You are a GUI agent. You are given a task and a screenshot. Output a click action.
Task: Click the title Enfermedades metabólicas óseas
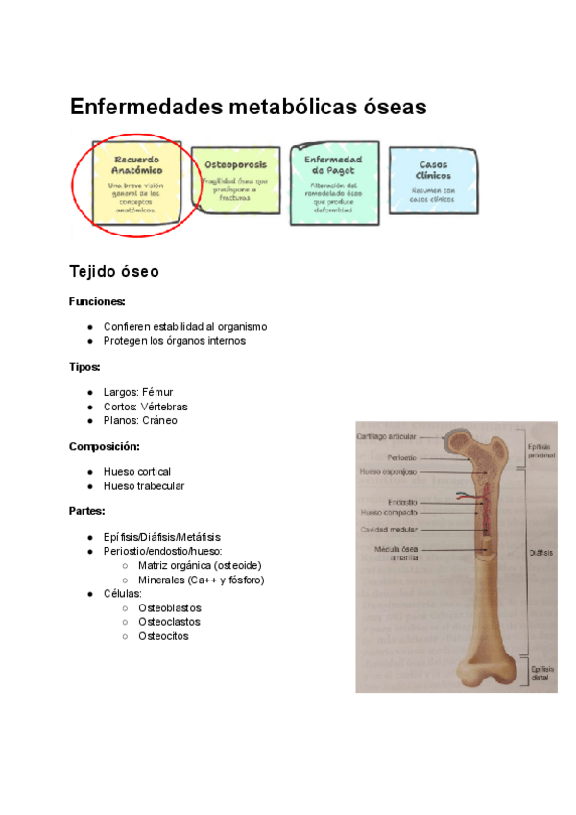[248, 107]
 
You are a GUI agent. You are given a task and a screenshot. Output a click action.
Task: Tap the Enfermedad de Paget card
[333, 183]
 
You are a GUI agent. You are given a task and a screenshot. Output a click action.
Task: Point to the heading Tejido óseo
[113, 272]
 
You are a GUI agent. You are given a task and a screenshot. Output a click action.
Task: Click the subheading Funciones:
[97, 301]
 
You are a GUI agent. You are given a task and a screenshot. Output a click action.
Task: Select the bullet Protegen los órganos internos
[175, 340]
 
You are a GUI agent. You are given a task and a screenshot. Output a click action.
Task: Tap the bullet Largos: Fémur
[138, 392]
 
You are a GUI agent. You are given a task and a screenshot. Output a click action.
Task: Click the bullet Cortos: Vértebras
[145, 407]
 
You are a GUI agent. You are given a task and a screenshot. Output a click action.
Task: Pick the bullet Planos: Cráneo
[140, 420]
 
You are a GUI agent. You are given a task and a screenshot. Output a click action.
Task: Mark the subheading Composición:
[105, 446]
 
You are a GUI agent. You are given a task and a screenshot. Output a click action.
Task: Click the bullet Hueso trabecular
[144, 485]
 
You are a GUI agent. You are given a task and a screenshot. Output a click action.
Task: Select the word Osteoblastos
[170, 608]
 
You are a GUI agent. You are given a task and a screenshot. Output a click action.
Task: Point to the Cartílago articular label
[387, 436]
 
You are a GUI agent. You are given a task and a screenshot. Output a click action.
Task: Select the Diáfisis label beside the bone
[540, 553]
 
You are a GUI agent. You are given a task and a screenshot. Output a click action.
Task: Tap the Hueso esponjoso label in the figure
[388, 472]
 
